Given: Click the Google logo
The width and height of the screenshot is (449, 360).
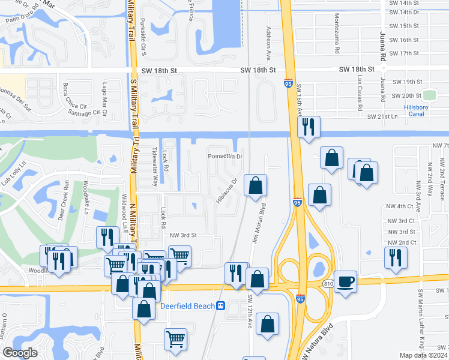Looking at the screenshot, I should tap(20, 353).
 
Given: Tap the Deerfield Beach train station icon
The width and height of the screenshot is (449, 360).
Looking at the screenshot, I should tap(221, 305).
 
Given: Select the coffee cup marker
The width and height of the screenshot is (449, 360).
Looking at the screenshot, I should tap(345, 281).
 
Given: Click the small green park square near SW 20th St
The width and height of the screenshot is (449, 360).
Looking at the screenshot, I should tap(429, 95).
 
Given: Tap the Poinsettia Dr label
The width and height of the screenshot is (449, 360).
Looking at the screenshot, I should tap(224, 157).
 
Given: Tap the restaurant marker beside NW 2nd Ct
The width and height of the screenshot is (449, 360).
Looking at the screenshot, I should tap(394, 257).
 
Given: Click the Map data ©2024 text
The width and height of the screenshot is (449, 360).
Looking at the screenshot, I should tap(423, 355).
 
